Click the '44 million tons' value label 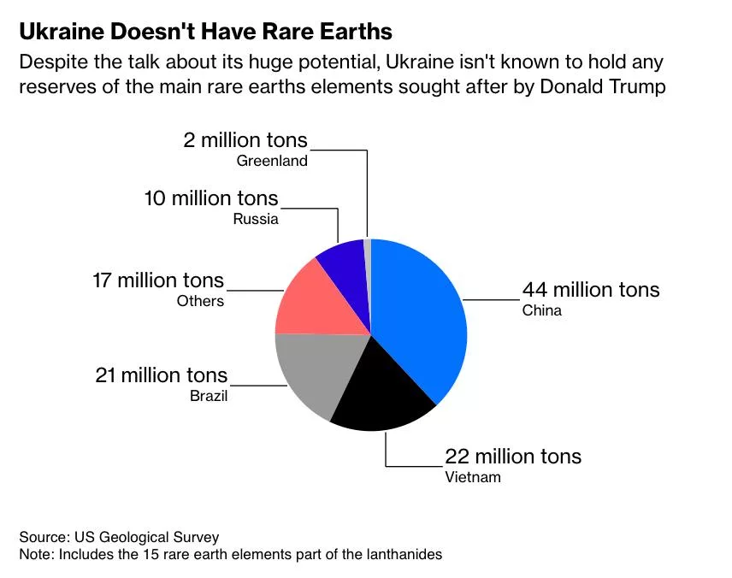pos(591,289)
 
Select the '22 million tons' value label pos(512,456)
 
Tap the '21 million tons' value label pos(162,375)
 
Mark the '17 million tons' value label pos(158,280)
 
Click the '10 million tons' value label pos(211,198)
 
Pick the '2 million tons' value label pos(245,140)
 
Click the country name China pos(541,310)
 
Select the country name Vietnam pos(472,477)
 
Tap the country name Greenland pos(272,161)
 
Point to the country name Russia pos(256,219)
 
